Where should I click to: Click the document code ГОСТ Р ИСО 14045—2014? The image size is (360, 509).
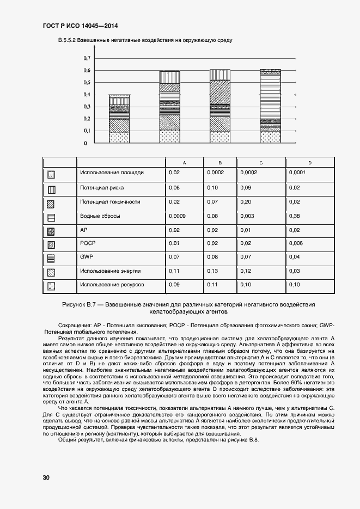[80, 26]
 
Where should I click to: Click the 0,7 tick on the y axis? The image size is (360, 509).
[86, 58]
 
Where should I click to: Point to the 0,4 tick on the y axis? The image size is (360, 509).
[86, 95]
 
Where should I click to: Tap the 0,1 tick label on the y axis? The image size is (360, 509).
[86, 131]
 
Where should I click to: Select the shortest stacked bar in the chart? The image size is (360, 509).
[119, 119]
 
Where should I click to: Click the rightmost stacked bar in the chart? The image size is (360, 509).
[270, 106]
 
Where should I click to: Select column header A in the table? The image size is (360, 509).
[184, 163]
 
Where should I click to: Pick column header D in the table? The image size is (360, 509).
[309, 163]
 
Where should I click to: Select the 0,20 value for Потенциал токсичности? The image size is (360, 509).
[245, 202]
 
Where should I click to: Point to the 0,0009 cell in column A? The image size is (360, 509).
[177, 216]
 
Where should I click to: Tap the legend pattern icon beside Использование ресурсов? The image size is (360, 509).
[51, 285]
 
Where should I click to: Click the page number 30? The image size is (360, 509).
[46, 477]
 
